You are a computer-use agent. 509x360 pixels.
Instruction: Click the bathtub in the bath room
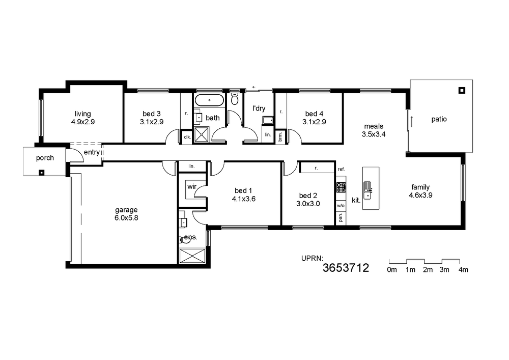[209, 100]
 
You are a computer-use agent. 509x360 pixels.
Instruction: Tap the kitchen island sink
[367, 190]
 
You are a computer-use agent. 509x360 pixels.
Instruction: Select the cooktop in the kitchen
[341, 187]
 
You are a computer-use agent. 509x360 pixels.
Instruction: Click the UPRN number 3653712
[346, 268]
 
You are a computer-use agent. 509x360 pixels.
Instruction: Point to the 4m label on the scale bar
[463, 269]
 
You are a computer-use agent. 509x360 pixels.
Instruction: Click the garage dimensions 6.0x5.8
[126, 218]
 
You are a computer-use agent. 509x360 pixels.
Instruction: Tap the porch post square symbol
[41, 173]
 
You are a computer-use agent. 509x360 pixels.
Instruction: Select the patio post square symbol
[462, 90]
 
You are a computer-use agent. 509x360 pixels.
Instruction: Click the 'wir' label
[192, 187]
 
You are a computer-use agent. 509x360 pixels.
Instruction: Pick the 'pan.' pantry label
[341, 217]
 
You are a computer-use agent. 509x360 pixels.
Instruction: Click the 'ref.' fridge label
[341, 169]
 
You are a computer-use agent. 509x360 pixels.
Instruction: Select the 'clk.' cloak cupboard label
[187, 137]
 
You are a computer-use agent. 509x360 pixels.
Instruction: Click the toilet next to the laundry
[235, 99]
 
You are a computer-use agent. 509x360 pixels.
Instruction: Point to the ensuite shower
[192, 256]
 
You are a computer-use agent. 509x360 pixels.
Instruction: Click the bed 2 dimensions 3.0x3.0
[308, 204]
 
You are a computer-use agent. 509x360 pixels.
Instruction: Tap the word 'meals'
[374, 126]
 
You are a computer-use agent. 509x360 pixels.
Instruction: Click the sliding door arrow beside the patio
[412, 121]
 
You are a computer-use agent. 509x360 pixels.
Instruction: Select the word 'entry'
[92, 152]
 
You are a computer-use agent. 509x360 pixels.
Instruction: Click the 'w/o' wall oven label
[341, 206]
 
